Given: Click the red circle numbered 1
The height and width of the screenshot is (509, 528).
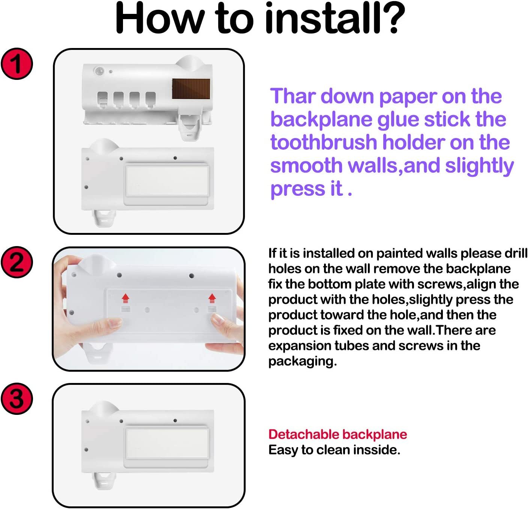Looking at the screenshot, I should tap(17, 64).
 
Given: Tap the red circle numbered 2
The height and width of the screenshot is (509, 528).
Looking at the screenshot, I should tap(17, 262).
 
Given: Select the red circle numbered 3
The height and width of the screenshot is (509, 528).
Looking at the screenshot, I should tap(17, 398).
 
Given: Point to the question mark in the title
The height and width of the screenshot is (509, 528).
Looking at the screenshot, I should tap(391, 18).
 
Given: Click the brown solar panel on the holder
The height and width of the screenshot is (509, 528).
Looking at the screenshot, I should tap(191, 89).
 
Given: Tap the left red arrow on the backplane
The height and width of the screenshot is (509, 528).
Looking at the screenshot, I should tap(125, 298).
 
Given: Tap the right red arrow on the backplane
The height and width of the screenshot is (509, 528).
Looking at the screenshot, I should tap(212, 298).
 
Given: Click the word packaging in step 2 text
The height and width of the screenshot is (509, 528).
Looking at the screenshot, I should tap(302, 361).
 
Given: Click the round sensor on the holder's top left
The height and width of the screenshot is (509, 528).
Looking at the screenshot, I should tap(99, 71).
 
